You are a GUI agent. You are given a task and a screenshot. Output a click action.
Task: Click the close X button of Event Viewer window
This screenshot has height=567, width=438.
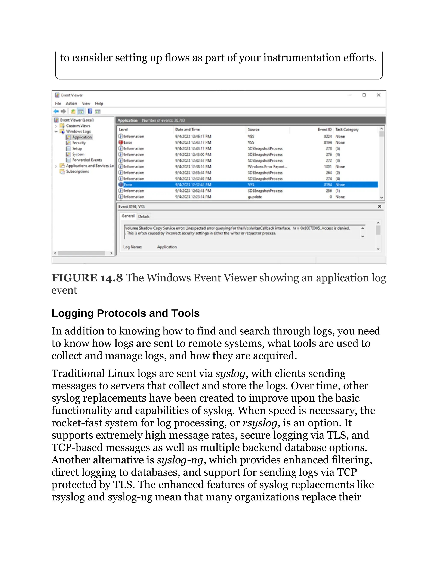tap(379, 95)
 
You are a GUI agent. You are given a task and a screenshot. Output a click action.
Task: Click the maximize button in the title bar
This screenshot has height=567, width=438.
tap(364, 95)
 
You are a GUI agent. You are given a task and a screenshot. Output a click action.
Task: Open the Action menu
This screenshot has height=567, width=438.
tap(71, 103)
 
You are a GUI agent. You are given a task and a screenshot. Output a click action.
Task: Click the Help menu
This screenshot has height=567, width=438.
tap(99, 103)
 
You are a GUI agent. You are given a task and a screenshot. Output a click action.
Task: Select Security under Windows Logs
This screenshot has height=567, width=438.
tap(79, 143)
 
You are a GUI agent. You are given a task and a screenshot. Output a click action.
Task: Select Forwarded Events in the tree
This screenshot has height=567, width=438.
tap(87, 160)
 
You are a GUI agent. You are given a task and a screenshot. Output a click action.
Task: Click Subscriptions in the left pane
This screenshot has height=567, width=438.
tap(77, 171)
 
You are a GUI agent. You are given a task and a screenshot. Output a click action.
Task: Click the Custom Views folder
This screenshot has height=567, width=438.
tap(78, 126)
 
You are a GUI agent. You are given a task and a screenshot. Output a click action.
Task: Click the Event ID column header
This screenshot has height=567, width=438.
tap(325, 129)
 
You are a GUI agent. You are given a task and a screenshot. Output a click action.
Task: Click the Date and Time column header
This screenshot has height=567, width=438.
tap(187, 129)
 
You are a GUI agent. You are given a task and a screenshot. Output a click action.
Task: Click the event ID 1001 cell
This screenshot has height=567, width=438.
tap(328, 167)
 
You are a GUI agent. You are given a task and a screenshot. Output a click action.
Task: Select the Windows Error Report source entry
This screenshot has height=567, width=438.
tap(267, 167)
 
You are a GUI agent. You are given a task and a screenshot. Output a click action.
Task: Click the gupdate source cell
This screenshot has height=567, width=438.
tap(255, 197)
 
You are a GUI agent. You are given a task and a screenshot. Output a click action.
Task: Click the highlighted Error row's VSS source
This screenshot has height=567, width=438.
tap(251, 185)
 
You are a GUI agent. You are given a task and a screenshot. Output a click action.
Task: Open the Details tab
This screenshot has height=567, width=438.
tap(144, 216)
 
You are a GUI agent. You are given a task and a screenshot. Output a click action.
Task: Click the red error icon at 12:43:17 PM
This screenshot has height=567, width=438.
tap(121, 142)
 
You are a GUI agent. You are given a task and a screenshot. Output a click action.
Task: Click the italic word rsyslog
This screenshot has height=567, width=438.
tap(260, 423)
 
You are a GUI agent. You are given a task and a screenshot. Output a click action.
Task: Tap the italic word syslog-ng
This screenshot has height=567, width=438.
tap(180, 460)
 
